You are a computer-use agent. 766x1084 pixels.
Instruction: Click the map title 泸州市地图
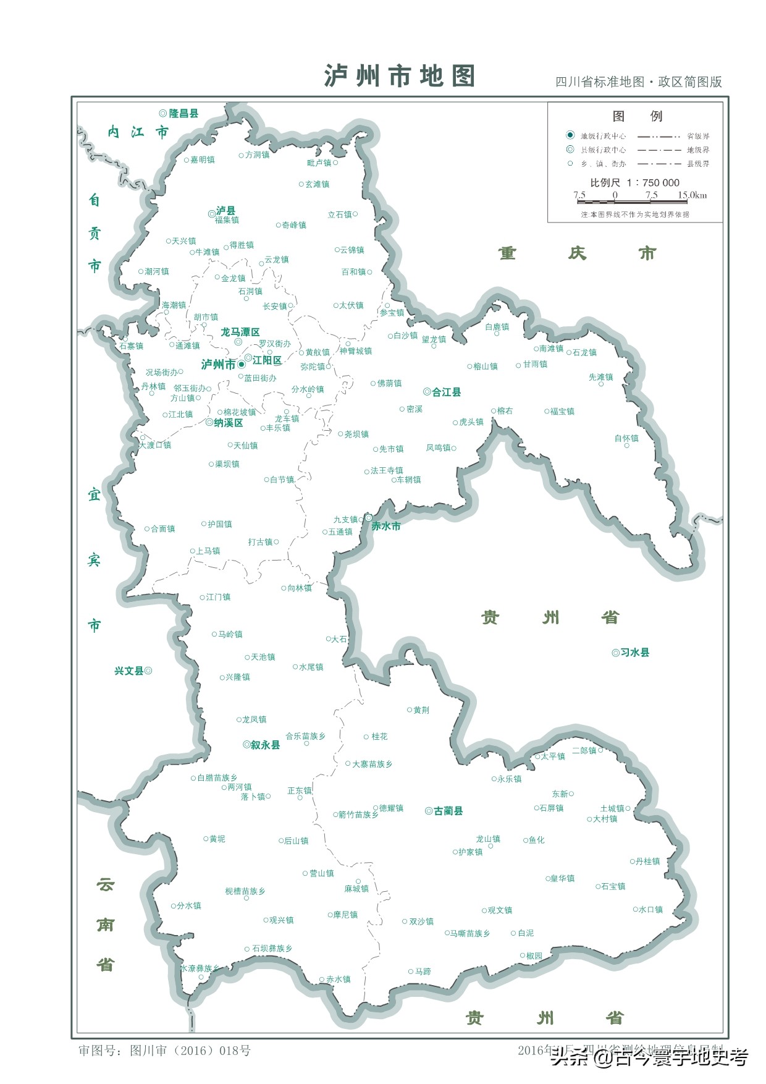point(400,76)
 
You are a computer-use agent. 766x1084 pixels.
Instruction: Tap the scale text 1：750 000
point(653,182)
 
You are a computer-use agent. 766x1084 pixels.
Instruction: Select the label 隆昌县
point(183,113)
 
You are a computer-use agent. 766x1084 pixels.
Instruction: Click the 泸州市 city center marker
point(242,365)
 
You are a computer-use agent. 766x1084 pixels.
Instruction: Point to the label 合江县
point(446,392)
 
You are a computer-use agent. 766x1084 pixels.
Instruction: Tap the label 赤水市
point(386,526)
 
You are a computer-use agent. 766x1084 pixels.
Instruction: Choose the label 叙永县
point(265,745)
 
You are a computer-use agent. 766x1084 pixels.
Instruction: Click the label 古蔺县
point(448,811)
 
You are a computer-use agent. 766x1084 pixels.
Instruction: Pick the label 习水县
point(634,652)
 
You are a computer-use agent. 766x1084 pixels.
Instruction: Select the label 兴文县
point(128,671)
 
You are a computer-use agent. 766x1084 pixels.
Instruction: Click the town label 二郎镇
point(584,750)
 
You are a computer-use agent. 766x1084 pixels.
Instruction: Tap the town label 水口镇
point(650,909)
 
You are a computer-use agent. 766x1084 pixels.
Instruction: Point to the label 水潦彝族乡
point(200,968)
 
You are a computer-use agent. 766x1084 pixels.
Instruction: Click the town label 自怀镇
point(626,438)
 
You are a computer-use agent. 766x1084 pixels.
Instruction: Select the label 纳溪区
point(228,423)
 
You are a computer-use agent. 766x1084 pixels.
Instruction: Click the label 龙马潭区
point(240,332)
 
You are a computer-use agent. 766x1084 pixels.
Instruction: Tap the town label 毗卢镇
point(319,163)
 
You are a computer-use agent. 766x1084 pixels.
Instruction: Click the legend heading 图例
point(637,116)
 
